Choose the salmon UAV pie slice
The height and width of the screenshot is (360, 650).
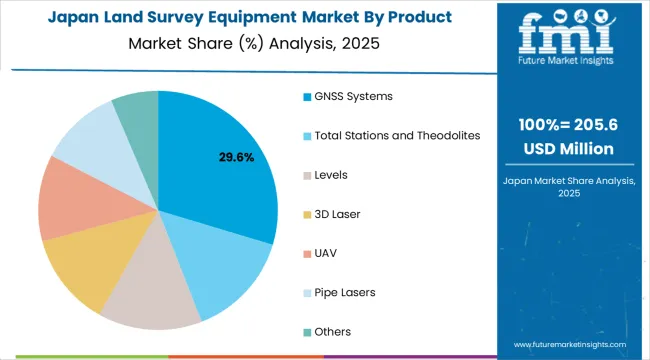click(x=69, y=200)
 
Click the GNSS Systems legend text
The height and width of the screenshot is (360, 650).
click(x=354, y=96)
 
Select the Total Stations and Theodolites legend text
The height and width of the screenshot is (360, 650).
click(x=397, y=135)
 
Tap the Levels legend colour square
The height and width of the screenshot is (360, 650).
click(x=306, y=175)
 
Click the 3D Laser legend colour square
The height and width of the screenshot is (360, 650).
click(x=306, y=214)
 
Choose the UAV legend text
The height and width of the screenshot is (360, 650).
click(x=326, y=253)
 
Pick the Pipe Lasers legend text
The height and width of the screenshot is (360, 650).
click(x=345, y=292)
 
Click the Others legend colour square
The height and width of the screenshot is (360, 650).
click(x=306, y=331)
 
